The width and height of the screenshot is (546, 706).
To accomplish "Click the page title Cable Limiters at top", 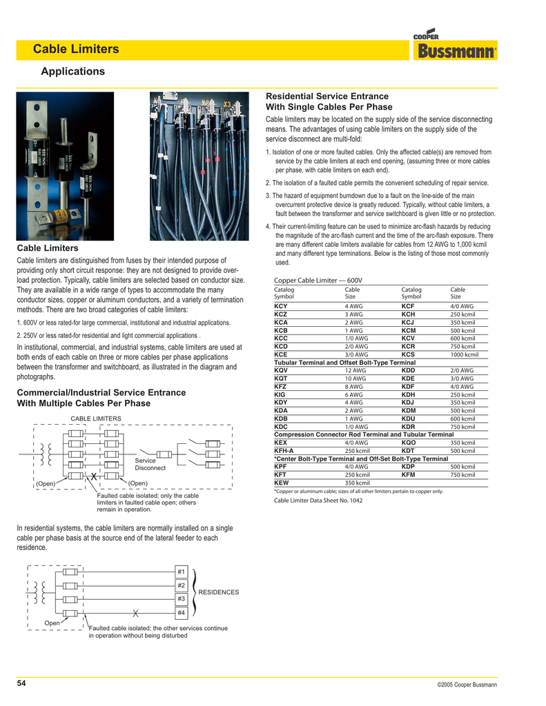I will pos(76,50).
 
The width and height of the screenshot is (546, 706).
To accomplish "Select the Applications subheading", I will pos(72,72).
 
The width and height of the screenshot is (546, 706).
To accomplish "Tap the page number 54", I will pos(21,683).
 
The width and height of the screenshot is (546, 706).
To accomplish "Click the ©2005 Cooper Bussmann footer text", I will pos(467,685).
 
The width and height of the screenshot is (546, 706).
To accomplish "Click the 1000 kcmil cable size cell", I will pos(464,354).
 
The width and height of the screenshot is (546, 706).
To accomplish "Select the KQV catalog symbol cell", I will pos(281,370).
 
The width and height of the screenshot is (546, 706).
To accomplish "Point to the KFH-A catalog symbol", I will pos(284,450).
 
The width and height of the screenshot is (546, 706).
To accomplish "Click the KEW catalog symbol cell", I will pos(281,483).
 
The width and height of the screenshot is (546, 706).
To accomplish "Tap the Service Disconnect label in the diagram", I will pos(150,464).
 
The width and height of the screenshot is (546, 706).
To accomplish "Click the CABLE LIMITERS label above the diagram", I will pos(96,418).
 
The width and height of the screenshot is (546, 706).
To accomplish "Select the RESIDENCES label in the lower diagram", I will pos(218,592).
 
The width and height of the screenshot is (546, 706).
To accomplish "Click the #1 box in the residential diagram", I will pos(182,572).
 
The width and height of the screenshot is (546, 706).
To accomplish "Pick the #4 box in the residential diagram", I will pos(182,613).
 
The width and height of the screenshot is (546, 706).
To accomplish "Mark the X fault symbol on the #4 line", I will pos(136,613).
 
